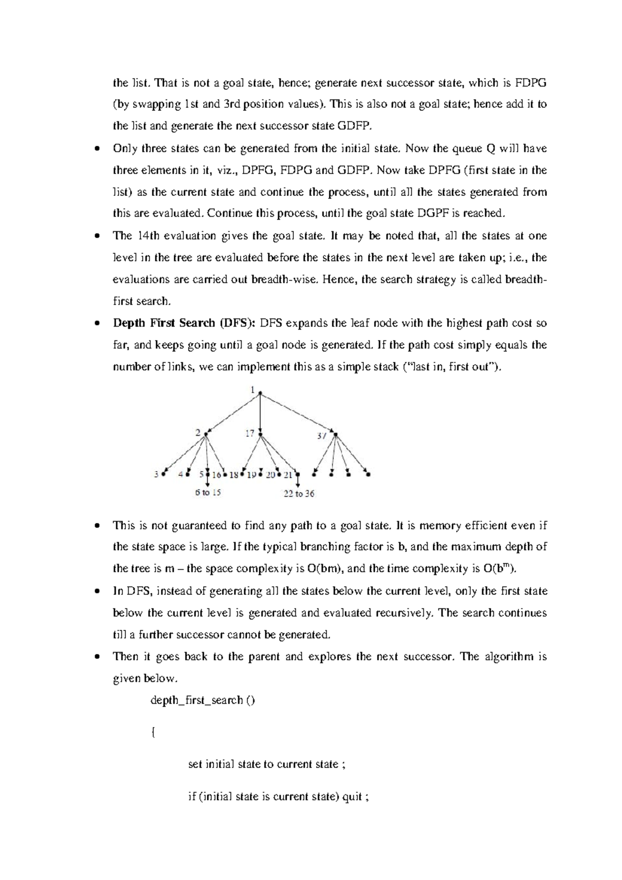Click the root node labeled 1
(x=259, y=393)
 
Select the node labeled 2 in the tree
(x=206, y=433)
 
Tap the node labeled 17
(x=260, y=434)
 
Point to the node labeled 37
(x=335, y=434)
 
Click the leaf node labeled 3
(x=163, y=473)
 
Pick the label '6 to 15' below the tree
(x=208, y=492)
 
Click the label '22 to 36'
(x=299, y=494)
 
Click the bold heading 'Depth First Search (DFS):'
(x=185, y=323)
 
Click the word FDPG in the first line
(x=531, y=83)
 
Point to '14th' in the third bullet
(x=149, y=236)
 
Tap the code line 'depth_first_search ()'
(x=203, y=700)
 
